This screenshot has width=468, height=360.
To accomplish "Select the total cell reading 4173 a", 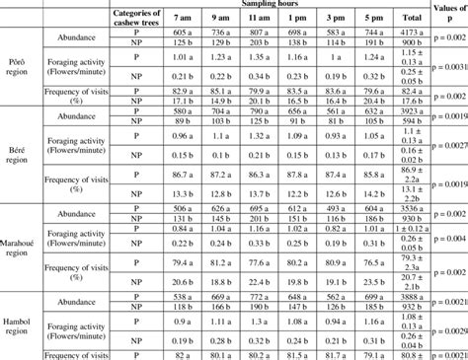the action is [405, 33].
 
